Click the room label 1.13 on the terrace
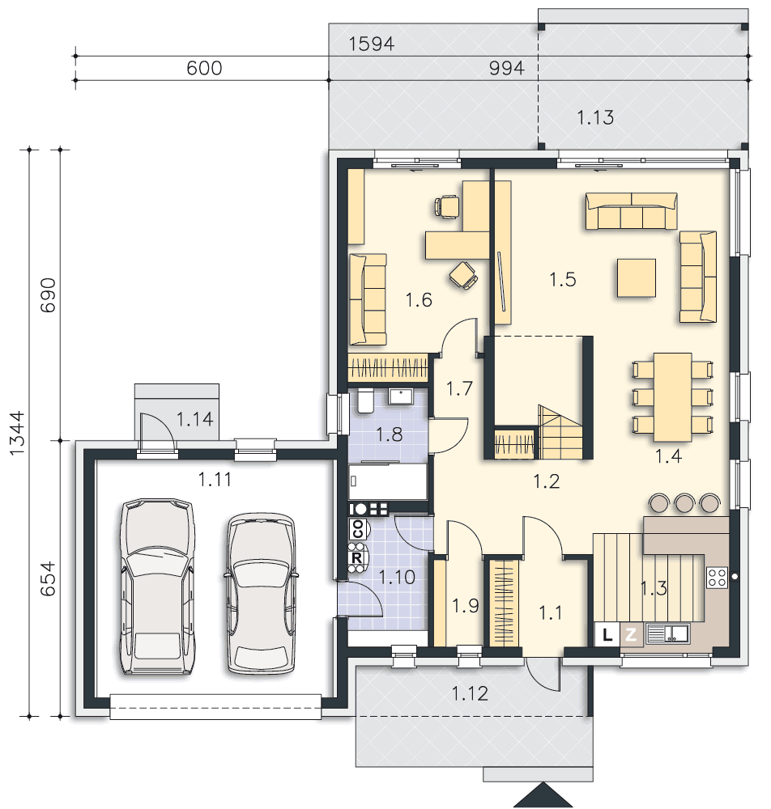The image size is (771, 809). coord(595,117)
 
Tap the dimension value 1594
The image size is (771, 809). coord(371,44)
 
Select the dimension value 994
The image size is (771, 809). coord(507,68)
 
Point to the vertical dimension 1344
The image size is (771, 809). coord(17,433)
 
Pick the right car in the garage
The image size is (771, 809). coord(262,593)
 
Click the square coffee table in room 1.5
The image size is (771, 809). coord(637,278)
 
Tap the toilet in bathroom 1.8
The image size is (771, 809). coord(365,401)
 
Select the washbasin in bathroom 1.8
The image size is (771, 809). coord(400,396)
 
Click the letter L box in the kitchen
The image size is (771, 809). coord(607,634)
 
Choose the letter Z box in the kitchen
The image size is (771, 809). coord(631,634)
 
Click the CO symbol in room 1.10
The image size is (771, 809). coord(357,529)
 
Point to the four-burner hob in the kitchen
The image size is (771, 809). coord(717,578)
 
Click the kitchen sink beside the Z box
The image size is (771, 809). coord(667,633)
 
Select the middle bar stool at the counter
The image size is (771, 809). coord(685,502)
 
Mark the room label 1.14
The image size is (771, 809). coord(194,419)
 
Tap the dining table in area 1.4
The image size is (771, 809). coord(672,396)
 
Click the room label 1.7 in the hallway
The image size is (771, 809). coord(459,388)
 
